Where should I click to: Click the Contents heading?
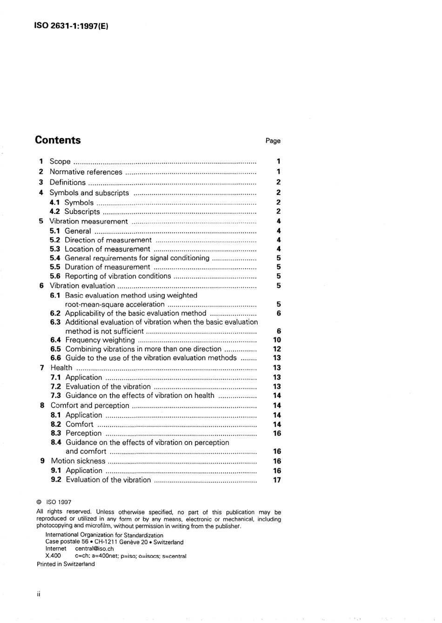click(x=58, y=140)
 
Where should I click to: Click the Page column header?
click(x=273, y=141)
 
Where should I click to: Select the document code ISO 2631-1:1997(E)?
click(x=71, y=26)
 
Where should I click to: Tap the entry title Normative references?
click(x=86, y=172)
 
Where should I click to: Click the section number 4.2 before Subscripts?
click(x=55, y=212)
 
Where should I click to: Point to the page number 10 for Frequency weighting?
click(x=277, y=340)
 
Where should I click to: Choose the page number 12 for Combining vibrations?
click(x=277, y=349)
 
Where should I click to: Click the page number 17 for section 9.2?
click(x=277, y=480)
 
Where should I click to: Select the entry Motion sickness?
click(x=78, y=461)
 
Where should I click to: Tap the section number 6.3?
click(x=55, y=322)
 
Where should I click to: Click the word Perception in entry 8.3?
click(x=83, y=433)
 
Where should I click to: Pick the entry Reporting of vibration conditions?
click(x=118, y=276)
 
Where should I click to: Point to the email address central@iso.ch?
click(x=94, y=549)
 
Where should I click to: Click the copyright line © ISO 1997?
click(x=54, y=502)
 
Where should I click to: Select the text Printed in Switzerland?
click(x=66, y=564)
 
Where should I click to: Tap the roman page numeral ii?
click(x=39, y=594)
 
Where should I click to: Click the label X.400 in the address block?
click(x=53, y=556)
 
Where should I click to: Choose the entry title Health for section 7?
click(x=61, y=367)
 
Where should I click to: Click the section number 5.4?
click(x=55, y=258)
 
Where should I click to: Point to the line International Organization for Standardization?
click(x=104, y=535)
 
